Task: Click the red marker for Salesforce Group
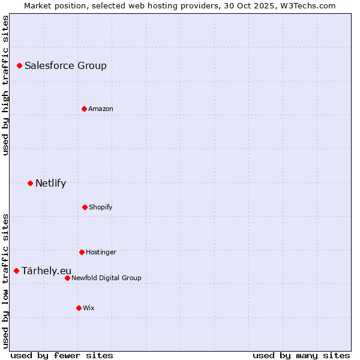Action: pyautogui.click(x=19, y=65)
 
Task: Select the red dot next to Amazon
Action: pyautogui.click(x=84, y=109)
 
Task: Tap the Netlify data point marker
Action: pyautogui.click(x=30, y=183)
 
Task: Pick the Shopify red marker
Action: pyautogui.click(x=85, y=207)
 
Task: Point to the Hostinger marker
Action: pyautogui.click(x=82, y=252)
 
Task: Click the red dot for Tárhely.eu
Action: pyautogui.click(x=16, y=271)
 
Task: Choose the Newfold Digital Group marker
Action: pyautogui.click(x=67, y=278)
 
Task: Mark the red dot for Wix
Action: pyautogui.click(x=79, y=308)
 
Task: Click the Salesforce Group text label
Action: pyautogui.click(x=65, y=66)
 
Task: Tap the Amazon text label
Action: pyautogui.click(x=101, y=109)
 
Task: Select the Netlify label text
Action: pyautogui.click(x=50, y=184)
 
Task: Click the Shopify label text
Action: pyautogui.click(x=101, y=208)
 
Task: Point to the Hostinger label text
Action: pyautogui.click(x=101, y=253)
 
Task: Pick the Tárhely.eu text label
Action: pyautogui.click(x=46, y=271)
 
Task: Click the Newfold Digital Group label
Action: pyautogui.click(x=106, y=278)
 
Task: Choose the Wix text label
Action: pyautogui.click(x=89, y=308)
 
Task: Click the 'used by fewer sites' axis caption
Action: pyautogui.click(x=61, y=355)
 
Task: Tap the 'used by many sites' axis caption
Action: pyautogui.click(x=301, y=355)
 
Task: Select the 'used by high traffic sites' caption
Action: pyautogui.click(x=5, y=85)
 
